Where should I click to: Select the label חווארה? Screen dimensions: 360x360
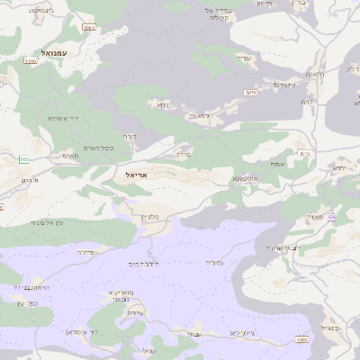(314, 73)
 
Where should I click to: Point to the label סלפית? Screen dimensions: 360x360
(150, 215)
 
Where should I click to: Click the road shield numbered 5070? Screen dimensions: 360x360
(250, 92)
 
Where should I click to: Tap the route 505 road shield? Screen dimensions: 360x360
(88, 29)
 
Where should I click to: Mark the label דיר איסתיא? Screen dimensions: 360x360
(64, 117)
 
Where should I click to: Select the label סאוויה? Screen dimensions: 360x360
(314, 217)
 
